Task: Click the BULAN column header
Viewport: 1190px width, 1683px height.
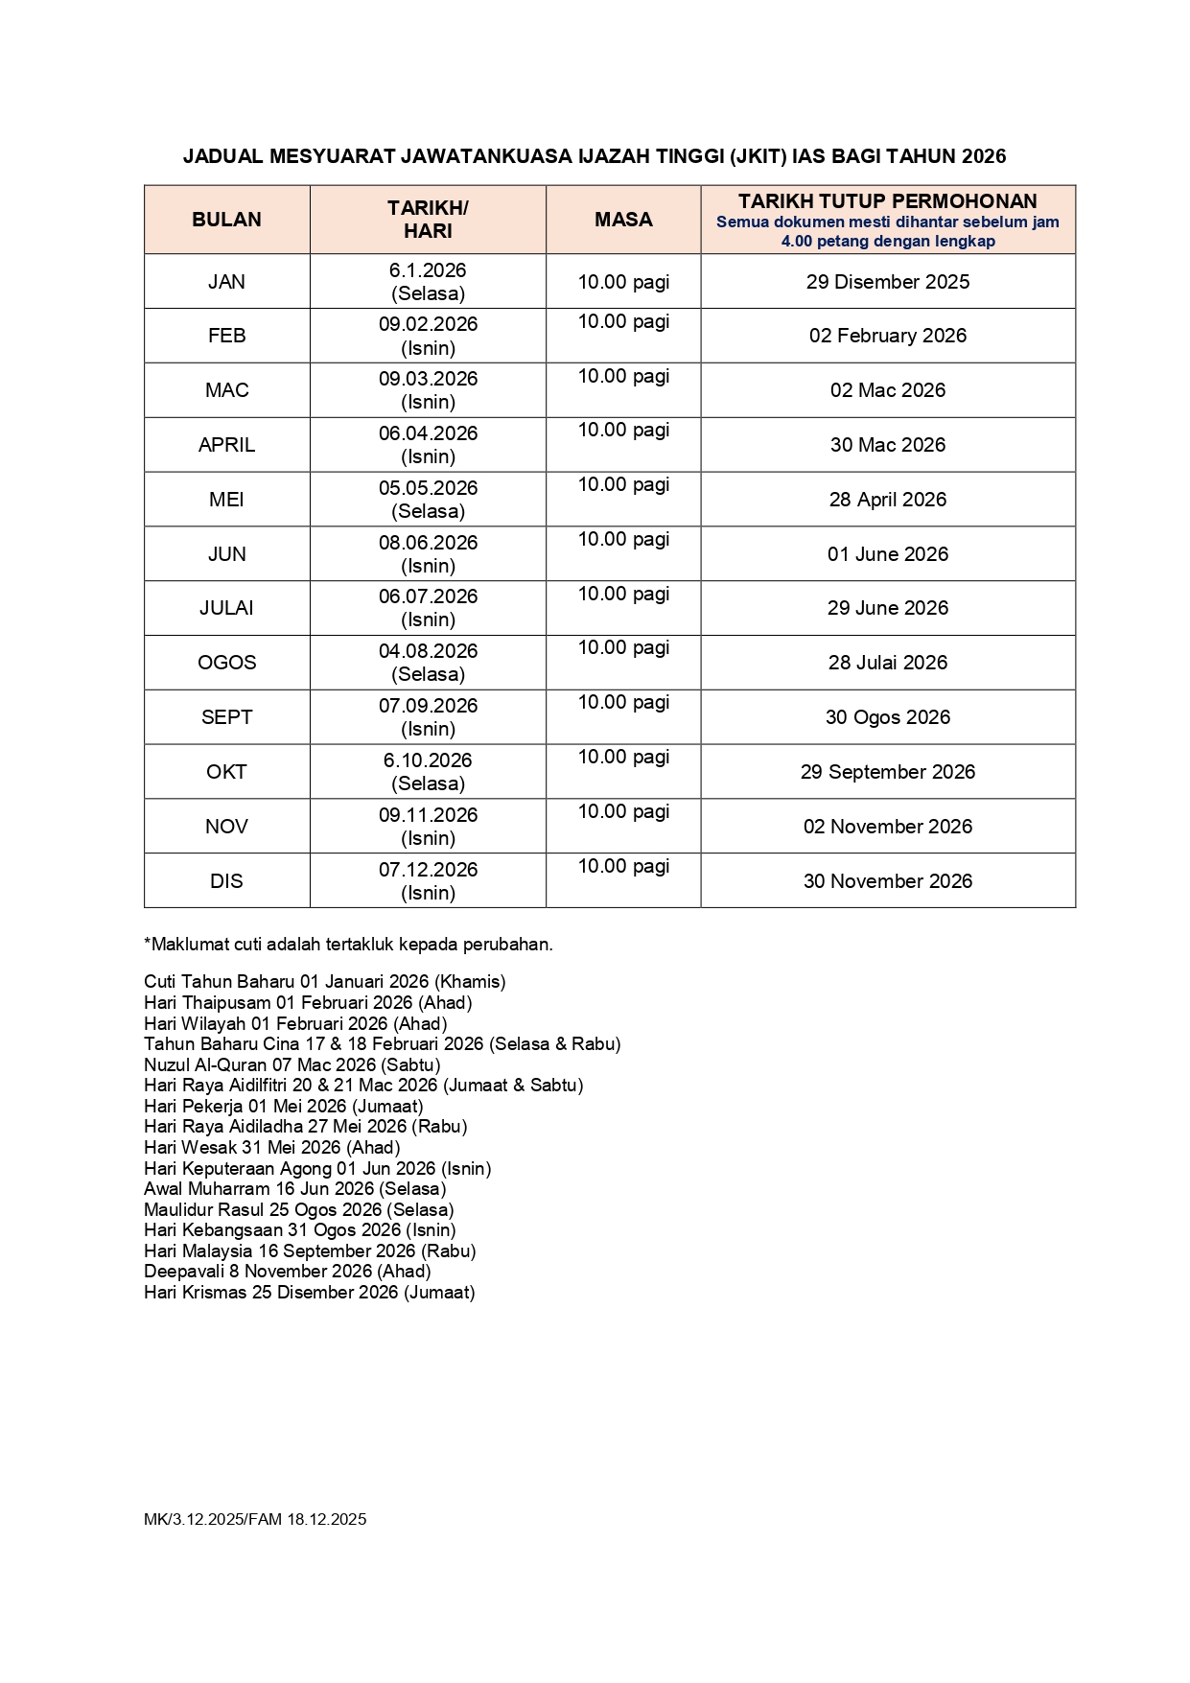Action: point(226,220)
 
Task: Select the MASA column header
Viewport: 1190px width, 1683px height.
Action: point(623,220)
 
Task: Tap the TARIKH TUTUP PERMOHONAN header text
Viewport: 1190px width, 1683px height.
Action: point(887,201)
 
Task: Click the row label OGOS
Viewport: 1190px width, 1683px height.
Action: point(226,663)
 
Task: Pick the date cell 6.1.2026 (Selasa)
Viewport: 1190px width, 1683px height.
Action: point(428,282)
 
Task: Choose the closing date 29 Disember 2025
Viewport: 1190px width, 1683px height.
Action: point(887,282)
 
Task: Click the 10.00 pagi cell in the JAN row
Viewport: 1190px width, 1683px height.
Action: point(623,282)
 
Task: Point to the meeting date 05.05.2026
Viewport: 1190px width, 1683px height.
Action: point(428,488)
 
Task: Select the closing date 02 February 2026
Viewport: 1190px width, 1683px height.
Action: point(887,336)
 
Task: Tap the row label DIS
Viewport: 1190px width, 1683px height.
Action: point(226,881)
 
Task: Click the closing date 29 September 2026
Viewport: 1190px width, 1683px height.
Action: point(887,772)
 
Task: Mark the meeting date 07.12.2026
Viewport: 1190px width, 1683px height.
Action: point(428,870)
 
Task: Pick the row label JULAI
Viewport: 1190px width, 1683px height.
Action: point(226,608)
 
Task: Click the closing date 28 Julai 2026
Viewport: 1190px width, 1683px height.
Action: point(887,663)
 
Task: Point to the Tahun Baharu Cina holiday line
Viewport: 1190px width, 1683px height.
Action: point(382,1043)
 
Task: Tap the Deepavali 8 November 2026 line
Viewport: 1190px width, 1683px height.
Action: point(287,1272)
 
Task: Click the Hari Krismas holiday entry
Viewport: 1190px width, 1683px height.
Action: point(309,1293)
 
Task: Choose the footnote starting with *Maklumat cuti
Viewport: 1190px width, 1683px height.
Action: point(348,945)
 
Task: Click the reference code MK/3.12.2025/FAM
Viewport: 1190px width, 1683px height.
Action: point(213,1519)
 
